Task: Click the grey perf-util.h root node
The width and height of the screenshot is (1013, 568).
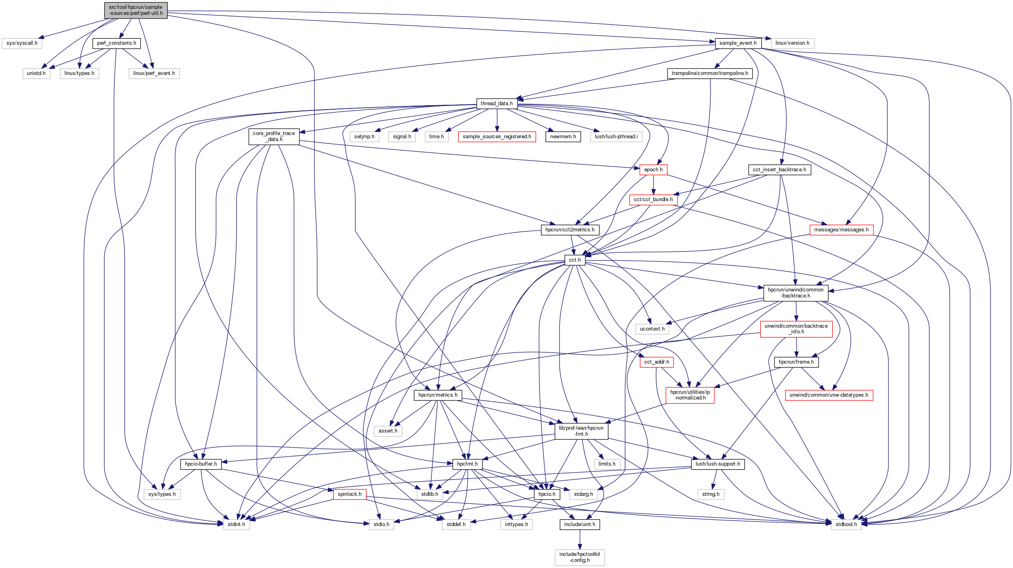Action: (x=135, y=10)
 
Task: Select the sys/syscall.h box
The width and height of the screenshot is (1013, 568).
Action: (x=22, y=43)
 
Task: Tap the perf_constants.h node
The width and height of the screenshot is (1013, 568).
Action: (x=116, y=43)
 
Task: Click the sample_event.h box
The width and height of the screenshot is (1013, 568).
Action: (x=738, y=43)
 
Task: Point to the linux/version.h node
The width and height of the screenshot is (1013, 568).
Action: (x=792, y=43)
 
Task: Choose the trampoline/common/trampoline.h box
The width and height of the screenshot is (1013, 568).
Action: (x=709, y=73)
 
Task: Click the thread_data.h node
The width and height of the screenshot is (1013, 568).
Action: (x=497, y=104)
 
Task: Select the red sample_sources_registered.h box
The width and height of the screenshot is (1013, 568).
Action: (x=497, y=137)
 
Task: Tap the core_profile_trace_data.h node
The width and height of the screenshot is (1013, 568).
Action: (x=274, y=136)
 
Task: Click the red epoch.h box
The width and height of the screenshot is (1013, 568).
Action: (x=653, y=170)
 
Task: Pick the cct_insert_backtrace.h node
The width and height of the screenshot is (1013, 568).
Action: (x=779, y=170)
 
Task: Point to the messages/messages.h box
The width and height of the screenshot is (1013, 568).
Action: (x=841, y=230)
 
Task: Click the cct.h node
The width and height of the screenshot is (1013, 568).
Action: (x=575, y=260)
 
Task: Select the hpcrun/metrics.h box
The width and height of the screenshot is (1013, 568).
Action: (x=438, y=395)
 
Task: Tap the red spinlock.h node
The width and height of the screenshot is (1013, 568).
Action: (x=349, y=494)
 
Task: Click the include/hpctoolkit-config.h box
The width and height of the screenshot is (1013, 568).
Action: (x=579, y=557)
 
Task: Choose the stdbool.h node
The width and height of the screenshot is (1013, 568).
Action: (x=846, y=524)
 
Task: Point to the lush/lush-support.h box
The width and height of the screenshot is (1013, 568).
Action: (x=718, y=464)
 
